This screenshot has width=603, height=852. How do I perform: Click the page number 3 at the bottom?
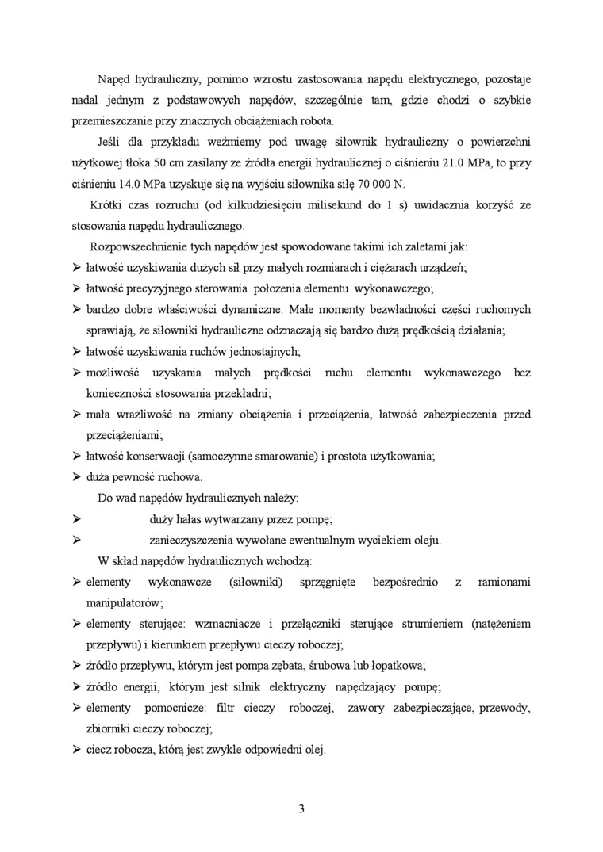pos(301,809)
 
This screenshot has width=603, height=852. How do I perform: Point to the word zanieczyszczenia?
pos(197,540)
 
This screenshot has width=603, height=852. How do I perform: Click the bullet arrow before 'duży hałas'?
pos(78,519)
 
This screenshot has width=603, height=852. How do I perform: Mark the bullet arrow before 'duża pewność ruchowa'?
pos(78,478)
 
